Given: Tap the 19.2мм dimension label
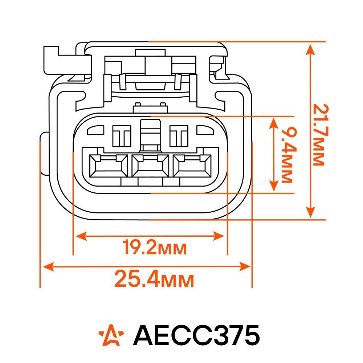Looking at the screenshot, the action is (154, 247).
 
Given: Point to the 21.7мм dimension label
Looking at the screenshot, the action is (321, 135).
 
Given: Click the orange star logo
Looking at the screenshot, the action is (111, 335).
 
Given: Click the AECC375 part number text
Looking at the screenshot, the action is (196, 335).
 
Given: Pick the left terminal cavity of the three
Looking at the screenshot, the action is (108, 166).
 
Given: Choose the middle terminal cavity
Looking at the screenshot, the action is (150, 166).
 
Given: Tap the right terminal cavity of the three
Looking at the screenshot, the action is (192, 166).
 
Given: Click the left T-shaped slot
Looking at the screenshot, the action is (122, 136).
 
